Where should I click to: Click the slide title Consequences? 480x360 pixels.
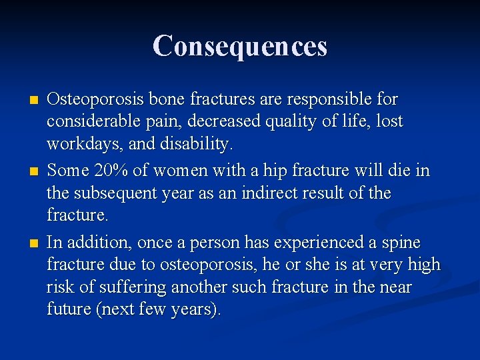point(240,46)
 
